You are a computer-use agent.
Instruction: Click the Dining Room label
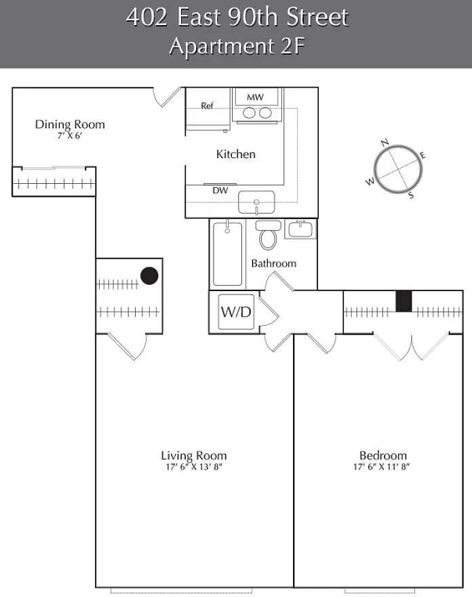pyautogui.click(x=70, y=125)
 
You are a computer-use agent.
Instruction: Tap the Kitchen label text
pyautogui.click(x=235, y=154)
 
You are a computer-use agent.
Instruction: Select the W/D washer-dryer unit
pyautogui.click(x=236, y=312)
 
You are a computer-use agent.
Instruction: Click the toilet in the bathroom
pyautogui.click(x=268, y=235)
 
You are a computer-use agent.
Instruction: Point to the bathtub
pyautogui.click(x=228, y=254)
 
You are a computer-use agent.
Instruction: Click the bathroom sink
pyautogui.click(x=300, y=229)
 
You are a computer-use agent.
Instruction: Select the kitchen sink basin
pyautogui.click(x=256, y=202)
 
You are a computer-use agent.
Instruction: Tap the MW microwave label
pyautogui.click(x=256, y=97)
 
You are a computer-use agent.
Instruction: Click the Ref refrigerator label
pyautogui.click(x=207, y=106)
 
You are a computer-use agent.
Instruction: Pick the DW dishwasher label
pyautogui.click(x=220, y=191)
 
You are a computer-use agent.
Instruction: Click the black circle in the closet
pyautogui.click(x=149, y=275)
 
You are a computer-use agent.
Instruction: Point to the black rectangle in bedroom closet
pyautogui.click(x=404, y=301)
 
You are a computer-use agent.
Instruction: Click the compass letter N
pyautogui.click(x=385, y=142)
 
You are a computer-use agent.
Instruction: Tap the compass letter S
pyautogui.click(x=411, y=195)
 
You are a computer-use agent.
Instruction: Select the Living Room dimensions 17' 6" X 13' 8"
pyautogui.click(x=194, y=467)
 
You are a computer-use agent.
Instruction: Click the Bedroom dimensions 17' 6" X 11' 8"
pyautogui.click(x=381, y=467)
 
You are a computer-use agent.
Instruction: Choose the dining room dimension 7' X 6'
pyautogui.click(x=70, y=136)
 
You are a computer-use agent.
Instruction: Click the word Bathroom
pyautogui.click(x=274, y=263)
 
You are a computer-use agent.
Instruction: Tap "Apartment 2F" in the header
pyautogui.click(x=237, y=46)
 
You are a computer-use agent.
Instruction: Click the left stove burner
pyautogui.click(x=249, y=113)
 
